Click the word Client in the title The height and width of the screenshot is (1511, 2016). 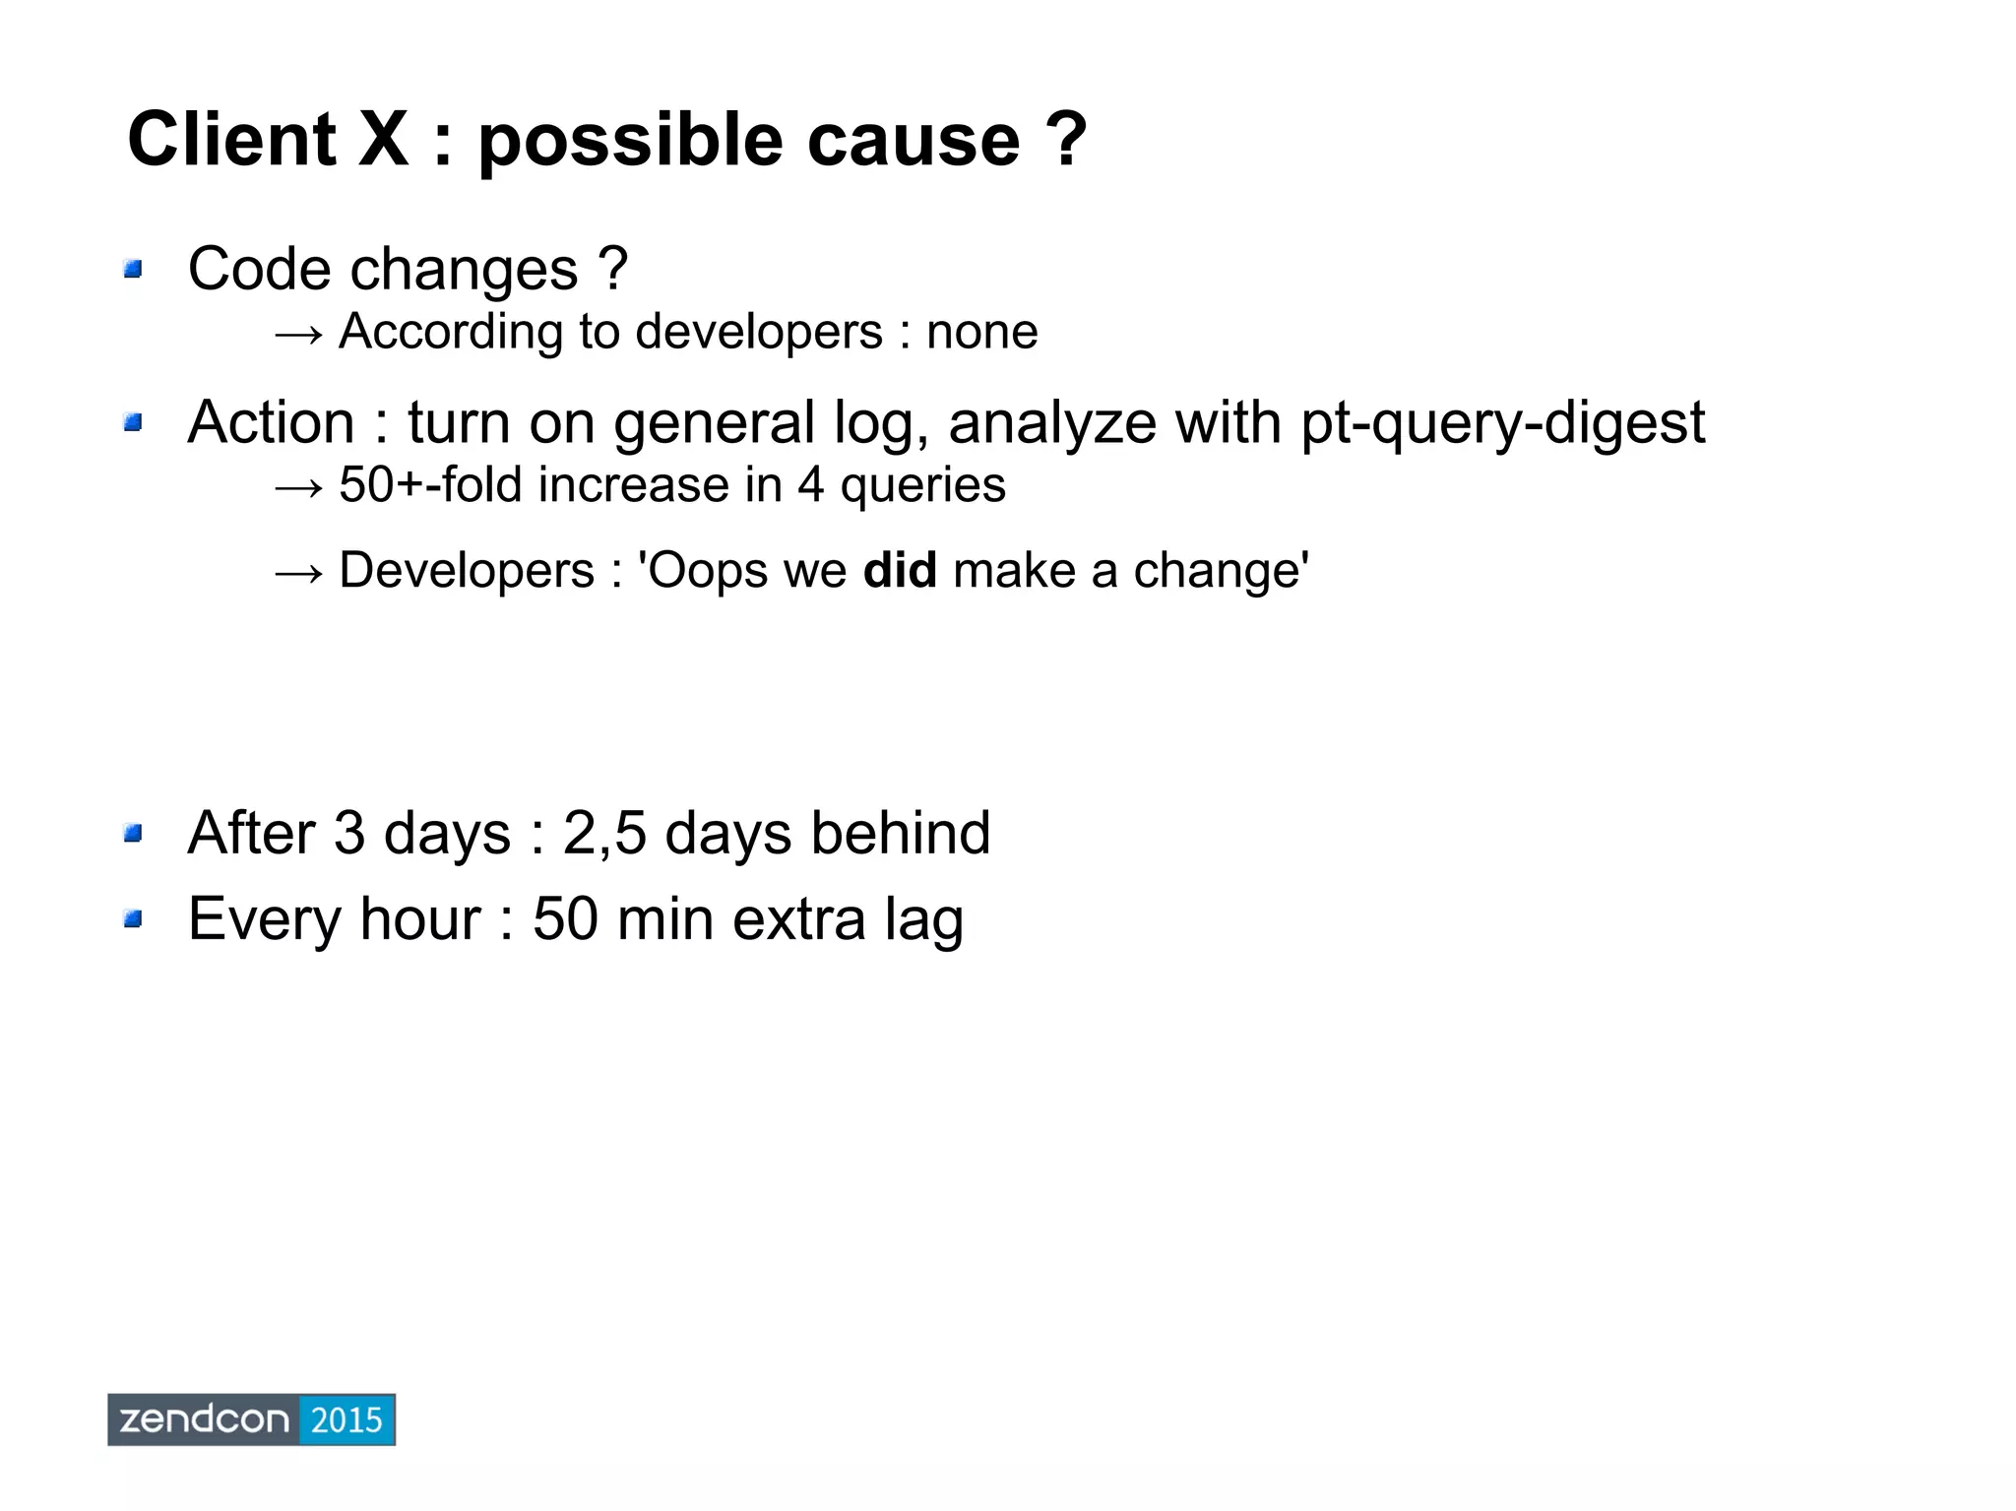coord(231,140)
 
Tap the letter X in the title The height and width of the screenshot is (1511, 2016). coord(383,140)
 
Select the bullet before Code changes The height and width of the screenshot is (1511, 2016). coord(133,269)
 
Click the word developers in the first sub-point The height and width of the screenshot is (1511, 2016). coord(759,332)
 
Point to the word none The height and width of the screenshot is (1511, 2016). coord(981,332)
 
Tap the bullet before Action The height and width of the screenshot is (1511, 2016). coord(133,423)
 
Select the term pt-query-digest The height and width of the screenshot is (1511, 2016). coord(1502,423)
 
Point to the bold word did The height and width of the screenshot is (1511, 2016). coord(900,571)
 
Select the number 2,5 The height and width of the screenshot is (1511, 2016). coord(604,833)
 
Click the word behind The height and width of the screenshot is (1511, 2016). coord(900,833)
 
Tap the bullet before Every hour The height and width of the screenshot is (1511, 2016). coord(133,919)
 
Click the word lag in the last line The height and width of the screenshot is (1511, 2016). coord(923,919)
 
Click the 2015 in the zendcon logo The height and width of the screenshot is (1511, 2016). coord(346,1419)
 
